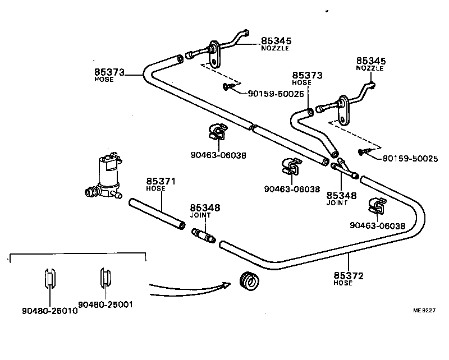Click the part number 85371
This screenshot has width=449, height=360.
pos(162,181)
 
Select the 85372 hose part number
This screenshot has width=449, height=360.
pos(349,275)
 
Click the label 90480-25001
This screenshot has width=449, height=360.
pos(106,304)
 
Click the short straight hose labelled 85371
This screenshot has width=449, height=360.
pos(157,213)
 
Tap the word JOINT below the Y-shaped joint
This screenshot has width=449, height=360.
pos(337,203)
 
